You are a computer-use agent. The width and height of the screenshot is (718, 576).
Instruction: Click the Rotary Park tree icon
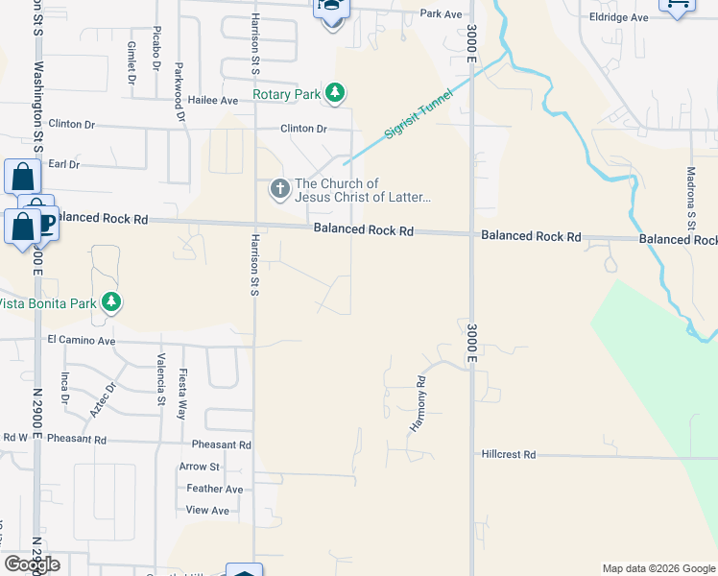[x=334, y=93]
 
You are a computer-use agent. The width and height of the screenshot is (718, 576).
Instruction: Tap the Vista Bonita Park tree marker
[x=111, y=303]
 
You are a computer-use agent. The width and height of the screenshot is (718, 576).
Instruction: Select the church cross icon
[x=279, y=188]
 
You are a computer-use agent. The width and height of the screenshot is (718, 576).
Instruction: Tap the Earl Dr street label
[x=63, y=164]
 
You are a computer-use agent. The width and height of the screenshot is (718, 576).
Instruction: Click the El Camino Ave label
[x=81, y=340]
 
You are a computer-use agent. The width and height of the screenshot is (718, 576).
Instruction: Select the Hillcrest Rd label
[x=508, y=454]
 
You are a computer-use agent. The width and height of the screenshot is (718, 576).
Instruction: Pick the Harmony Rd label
[x=420, y=403]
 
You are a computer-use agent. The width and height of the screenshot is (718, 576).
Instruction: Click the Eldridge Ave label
[x=619, y=17]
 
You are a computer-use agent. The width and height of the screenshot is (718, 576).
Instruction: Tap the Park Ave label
[x=441, y=14]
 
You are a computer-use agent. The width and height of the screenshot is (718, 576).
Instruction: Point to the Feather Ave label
[x=215, y=489]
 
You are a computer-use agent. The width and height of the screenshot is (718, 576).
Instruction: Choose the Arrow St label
[x=200, y=467]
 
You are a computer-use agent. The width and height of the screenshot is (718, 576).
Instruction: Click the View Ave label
[x=207, y=510]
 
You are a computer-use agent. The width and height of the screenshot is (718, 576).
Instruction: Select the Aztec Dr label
[x=103, y=398]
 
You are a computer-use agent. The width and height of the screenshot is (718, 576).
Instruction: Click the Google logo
[x=32, y=564]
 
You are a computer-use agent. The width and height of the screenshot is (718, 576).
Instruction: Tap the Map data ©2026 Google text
[x=658, y=568]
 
